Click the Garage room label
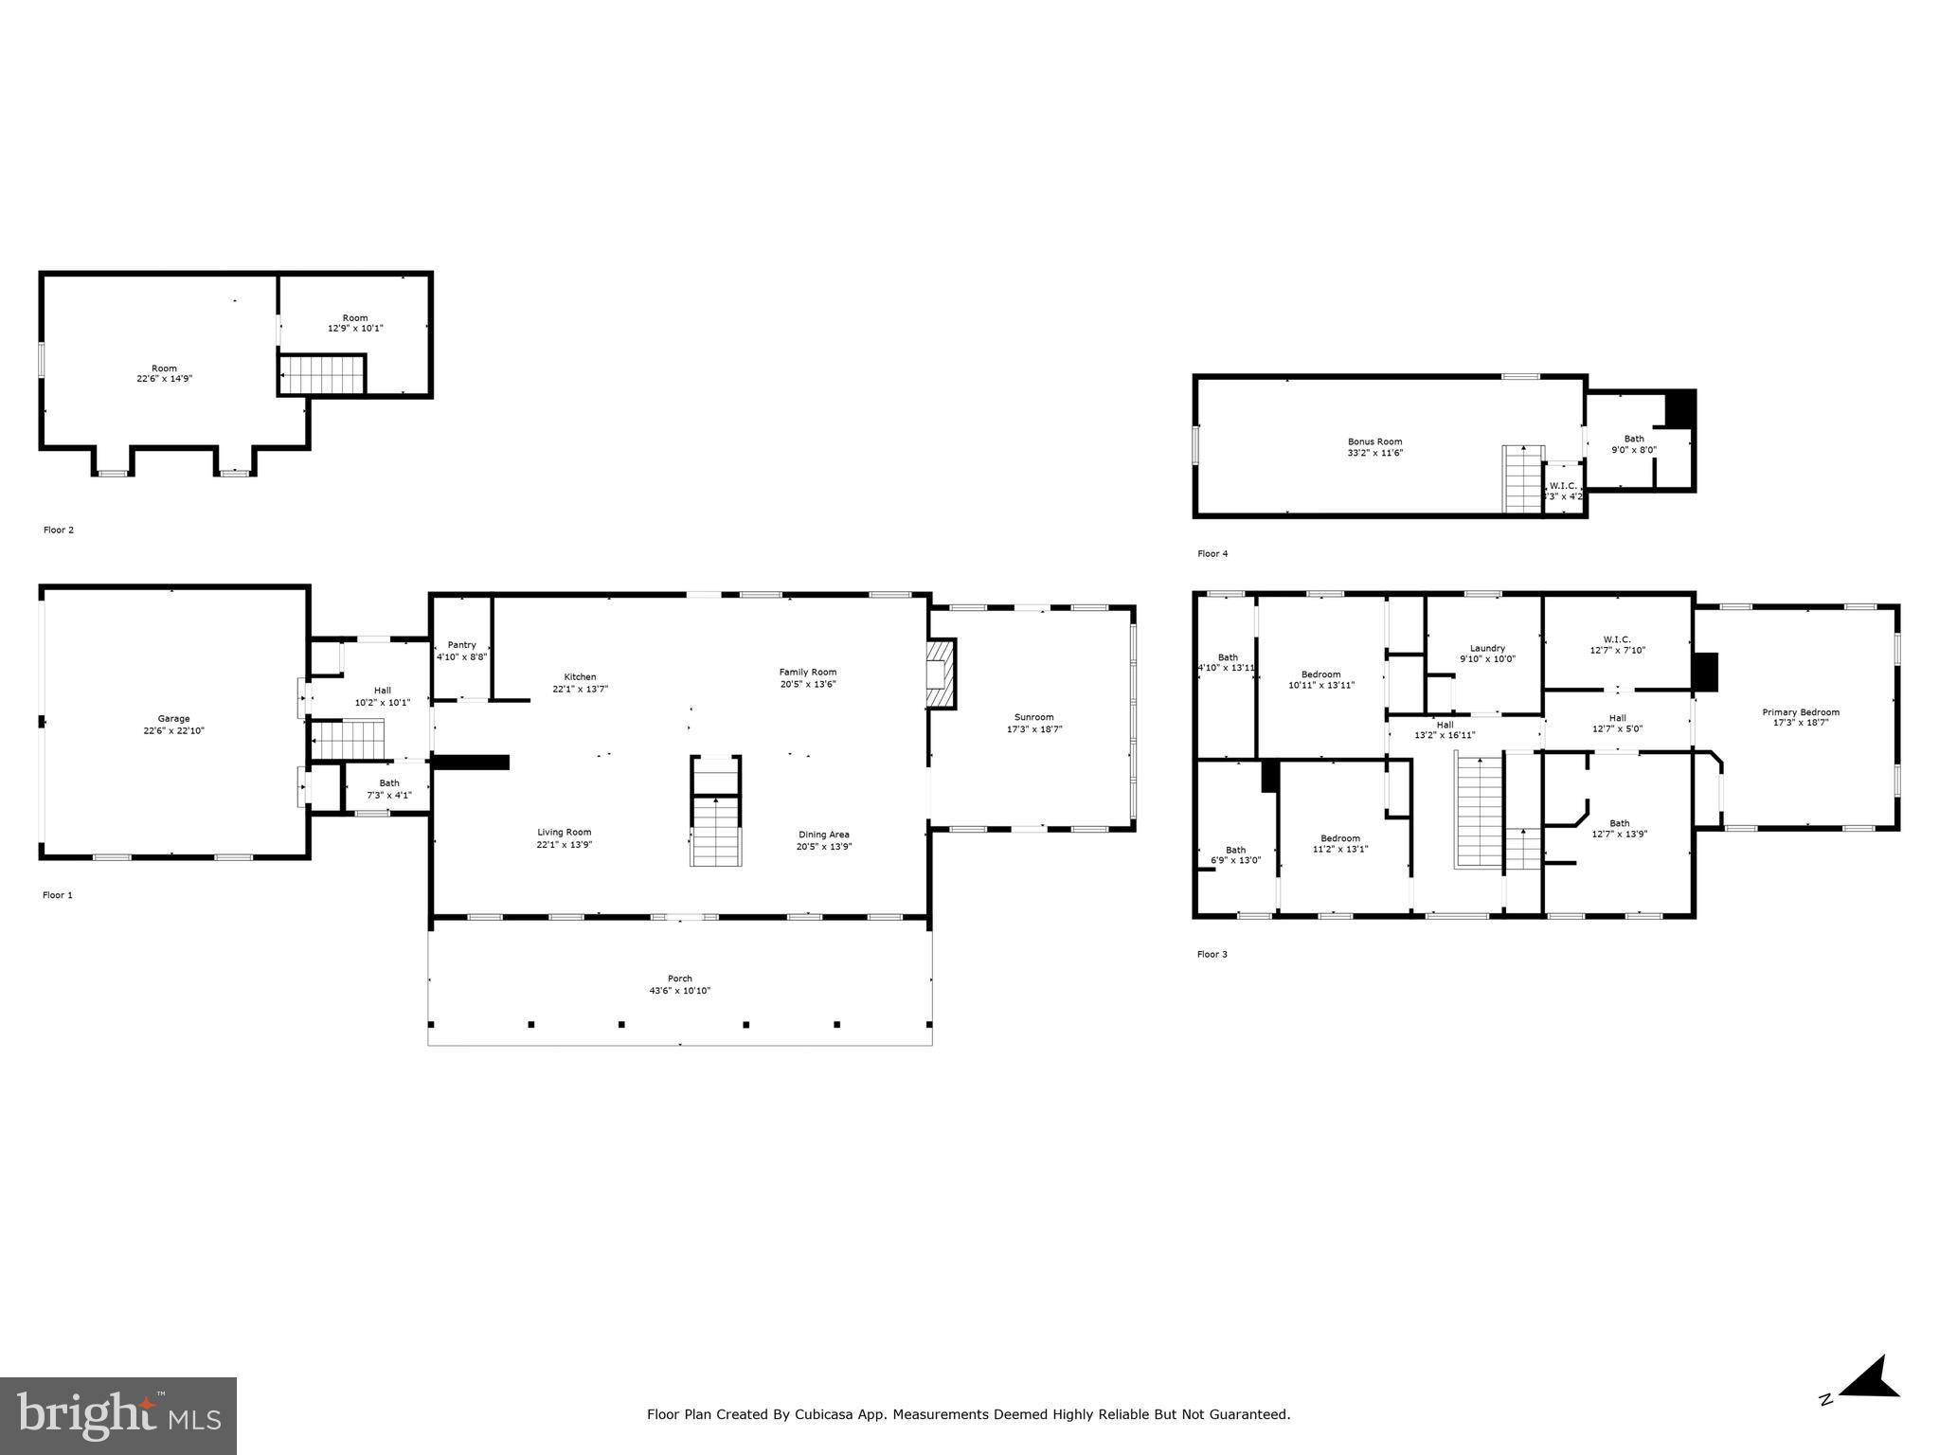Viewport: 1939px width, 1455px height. pos(173,718)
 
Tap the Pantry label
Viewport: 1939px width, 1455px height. pos(461,645)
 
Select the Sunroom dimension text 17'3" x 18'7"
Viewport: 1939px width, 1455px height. pos(1033,729)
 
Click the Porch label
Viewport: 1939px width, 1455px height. pos(679,979)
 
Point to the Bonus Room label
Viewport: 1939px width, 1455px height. pos(1374,441)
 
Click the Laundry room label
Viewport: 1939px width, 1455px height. pos(1487,648)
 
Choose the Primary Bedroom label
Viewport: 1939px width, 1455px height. pos(1800,712)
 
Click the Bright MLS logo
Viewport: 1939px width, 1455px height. pos(118,1415)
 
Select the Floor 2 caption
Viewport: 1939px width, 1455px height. pos(59,530)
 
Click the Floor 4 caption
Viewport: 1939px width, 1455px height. pos(1212,553)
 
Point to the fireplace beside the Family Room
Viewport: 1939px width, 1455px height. pos(941,674)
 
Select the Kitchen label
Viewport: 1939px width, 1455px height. pos(580,676)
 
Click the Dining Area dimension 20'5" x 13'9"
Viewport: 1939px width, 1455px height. pos(823,847)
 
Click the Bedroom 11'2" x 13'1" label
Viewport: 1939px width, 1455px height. pos(1339,838)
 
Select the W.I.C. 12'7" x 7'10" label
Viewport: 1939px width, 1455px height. pos(1617,639)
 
